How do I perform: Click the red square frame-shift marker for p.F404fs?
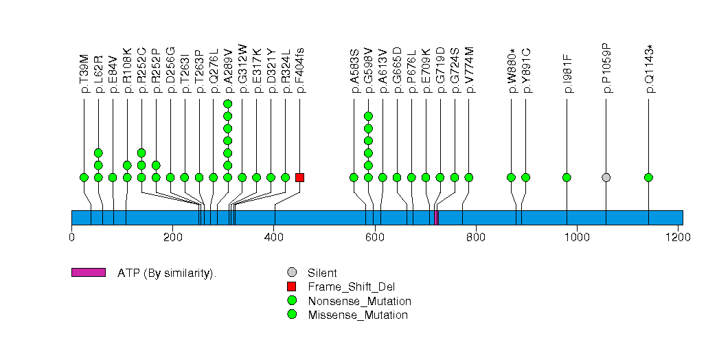pyautogui.click(x=299, y=177)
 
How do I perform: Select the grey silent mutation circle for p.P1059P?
pyautogui.click(x=606, y=177)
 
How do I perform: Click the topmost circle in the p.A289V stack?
pyautogui.click(x=227, y=104)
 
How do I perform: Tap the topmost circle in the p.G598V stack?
pyautogui.click(x=368, y=116)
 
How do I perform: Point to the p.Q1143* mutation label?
pyautogui.click(x=649, y=69)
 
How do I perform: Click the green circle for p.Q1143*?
pyautogui.click(x=648, y=177)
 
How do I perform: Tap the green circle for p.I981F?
pyautogui.click(x=567, y=177)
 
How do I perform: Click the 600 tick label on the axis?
pyautogui.click(x=374, y=238)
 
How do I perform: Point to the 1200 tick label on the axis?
pyautogui.click(x=678, y=238)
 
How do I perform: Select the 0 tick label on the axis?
pyautogui.click(x=71, y=238)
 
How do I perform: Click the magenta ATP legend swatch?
pyautogui.click(x=88, y=272)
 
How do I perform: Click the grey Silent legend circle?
pyautogui.click(x=292, y=273)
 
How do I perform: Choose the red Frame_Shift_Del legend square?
pyautogui.click(x=292, y=286)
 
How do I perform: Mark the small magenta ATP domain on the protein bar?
pyautogui.click(x=436, y=217)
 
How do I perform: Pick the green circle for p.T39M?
pyautogui.click(x=84, y=177)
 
